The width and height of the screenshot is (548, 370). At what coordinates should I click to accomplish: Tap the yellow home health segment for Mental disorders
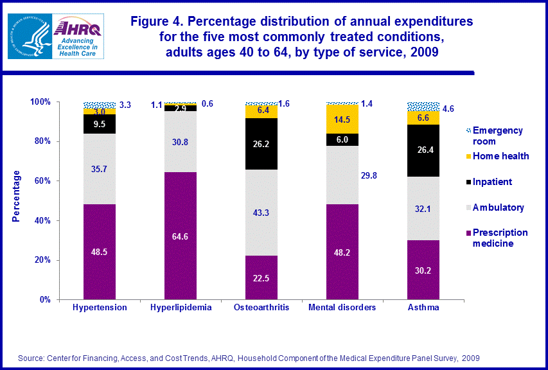pos(343,119)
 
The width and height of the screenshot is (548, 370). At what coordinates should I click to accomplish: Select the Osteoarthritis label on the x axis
pos(262,308)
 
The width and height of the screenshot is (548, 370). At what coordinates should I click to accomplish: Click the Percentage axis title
pos(15,196)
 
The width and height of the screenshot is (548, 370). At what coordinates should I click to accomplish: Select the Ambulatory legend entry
pos(498,207)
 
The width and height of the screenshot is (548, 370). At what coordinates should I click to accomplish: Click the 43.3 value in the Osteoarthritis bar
pos(262,211)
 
